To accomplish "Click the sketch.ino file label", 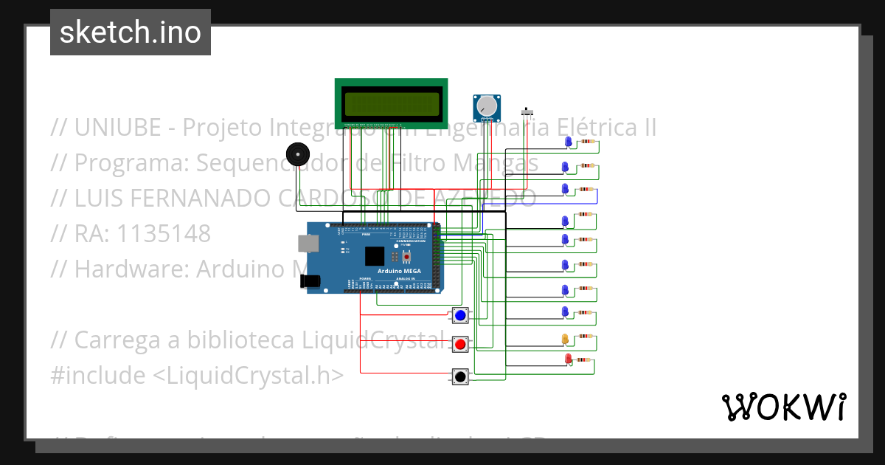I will pos(131,32).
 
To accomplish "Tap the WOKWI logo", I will pos(783,407).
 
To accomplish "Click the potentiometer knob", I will pos(486,108).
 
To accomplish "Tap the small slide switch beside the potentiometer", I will pos(527,112).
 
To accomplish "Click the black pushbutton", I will pos(460,376).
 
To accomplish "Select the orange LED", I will pos(566,339).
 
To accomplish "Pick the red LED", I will pos(568,359).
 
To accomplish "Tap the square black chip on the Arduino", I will pos(375,255).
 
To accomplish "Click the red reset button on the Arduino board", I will pos(406,256).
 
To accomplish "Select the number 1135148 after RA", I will pos(163,233).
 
